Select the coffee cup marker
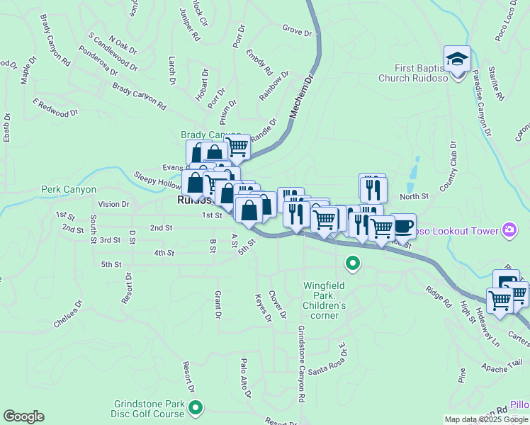[x=402, y=226]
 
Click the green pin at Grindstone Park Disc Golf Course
[x=196, y=407]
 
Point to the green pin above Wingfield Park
[x=352, y=264]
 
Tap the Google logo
[x=23, y=416]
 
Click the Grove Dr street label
[x=296, y=31]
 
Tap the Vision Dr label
[x=114, y=204]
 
